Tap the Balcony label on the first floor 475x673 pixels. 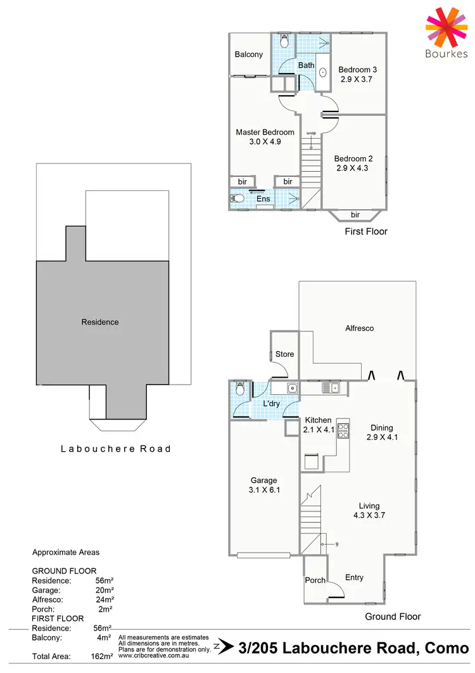(x=248, y=54)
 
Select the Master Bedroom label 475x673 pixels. (x=265, y=132)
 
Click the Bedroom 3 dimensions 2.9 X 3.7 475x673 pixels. (x=357, y=80)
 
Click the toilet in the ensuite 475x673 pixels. (x=237, y=198)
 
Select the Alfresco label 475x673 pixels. (x=359, y=328)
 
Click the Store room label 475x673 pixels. (x=284, y=354)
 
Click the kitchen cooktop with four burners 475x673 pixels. (x=343, y=431)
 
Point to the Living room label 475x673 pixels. (x=369, y=506)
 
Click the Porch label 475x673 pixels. (x=315, y=580)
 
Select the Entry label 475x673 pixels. (x=354, y=577)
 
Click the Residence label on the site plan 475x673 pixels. (x=100, y=322)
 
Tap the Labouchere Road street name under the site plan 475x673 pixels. (x=115, y=449)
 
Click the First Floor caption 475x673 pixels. (x=365, y=232)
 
